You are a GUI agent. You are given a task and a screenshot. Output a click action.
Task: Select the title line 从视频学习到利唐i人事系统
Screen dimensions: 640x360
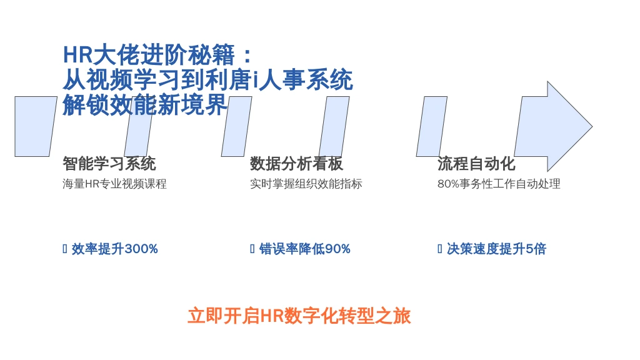point(207,79)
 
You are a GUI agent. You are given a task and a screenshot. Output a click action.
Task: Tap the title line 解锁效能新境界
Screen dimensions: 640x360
point(145,104)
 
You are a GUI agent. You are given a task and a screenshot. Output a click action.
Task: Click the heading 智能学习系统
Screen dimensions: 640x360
point(109,164)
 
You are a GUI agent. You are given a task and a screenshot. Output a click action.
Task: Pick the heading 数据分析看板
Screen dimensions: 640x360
point(297,164)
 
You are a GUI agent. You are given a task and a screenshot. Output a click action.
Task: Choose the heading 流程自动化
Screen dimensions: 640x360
point(476,164)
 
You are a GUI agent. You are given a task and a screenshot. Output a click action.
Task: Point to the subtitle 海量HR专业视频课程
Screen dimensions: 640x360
point(115,184)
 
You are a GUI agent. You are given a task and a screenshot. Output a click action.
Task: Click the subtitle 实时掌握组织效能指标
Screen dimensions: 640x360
point(306,184)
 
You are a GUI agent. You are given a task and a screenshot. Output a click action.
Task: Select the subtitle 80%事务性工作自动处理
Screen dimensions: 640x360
point(499,184)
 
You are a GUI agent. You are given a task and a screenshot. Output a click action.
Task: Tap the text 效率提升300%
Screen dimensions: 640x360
point(115,249)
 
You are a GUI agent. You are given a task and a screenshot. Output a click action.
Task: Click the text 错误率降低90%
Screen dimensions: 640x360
point(305,249)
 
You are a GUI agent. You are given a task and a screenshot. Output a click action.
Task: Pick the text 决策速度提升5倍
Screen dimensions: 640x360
point(496,249)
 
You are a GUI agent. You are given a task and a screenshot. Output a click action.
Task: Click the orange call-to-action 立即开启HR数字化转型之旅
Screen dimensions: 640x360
point(299,316)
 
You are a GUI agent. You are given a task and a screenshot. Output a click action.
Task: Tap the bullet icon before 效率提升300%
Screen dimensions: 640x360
point(65,249)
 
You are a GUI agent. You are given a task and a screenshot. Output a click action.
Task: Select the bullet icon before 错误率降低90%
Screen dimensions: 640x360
point(252,249)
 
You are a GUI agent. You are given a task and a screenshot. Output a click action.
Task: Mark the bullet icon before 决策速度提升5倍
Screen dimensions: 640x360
point(439,249)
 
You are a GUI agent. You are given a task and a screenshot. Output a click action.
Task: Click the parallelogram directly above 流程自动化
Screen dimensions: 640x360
point(432,126)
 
